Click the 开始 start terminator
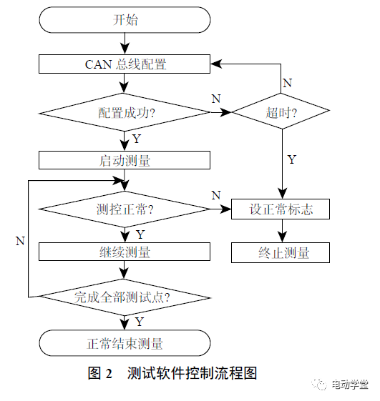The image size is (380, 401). (125, 20)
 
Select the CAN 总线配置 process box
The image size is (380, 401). (125, 64)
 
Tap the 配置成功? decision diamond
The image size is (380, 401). (125, 112)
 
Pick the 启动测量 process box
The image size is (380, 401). (125, 160)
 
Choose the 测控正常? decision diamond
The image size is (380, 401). (125, 209)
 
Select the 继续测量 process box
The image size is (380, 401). (125, 252)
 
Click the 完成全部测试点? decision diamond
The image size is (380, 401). (125, 296)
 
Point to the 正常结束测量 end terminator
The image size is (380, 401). (125, 343)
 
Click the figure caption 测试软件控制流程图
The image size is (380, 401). (191, 373)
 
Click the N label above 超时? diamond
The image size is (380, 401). (287, 83)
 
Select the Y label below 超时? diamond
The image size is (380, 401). (291, 159)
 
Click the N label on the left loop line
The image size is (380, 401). (20, 241)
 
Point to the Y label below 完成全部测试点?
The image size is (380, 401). (140, 321)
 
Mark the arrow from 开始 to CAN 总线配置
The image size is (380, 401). (125, 43)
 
